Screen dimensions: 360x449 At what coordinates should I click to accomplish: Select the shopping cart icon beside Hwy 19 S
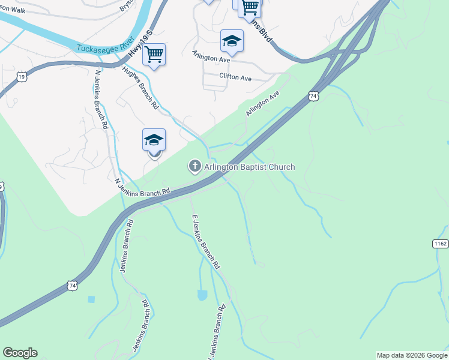point(154,55)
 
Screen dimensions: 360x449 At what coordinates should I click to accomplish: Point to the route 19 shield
point(22,77)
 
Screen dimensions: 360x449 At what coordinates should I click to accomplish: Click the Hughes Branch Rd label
point(139,88)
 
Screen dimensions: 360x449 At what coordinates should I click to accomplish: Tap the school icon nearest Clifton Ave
point(232,41)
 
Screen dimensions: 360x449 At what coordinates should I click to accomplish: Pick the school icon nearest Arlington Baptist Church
point(154,140)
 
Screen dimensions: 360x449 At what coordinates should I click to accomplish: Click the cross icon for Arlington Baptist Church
point(194,166)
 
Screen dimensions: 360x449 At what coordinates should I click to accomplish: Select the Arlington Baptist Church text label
point(249,167)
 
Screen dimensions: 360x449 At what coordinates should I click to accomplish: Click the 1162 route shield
point(440,243)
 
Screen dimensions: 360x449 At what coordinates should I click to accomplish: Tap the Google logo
point(20,353)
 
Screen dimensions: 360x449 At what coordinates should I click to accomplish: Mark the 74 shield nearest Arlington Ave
point(313,95)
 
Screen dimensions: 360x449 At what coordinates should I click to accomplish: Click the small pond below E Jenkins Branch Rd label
point(202,295)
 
